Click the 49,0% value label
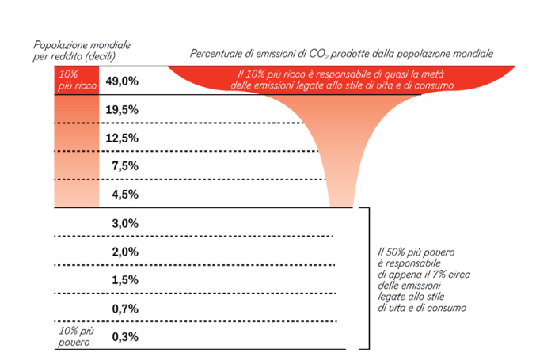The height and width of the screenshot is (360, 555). (122, 81)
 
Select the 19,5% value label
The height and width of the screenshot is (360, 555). (122, 110)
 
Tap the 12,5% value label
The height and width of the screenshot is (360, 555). (122, 138)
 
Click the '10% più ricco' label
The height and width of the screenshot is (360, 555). (76, 81)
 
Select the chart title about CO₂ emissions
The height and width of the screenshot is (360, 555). (341, 54)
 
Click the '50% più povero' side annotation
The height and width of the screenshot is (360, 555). (421, 279)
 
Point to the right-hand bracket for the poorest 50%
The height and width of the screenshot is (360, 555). (367, 277)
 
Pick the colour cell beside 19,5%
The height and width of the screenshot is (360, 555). (76, 110)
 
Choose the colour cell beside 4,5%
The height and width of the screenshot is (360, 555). (76, 194)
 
